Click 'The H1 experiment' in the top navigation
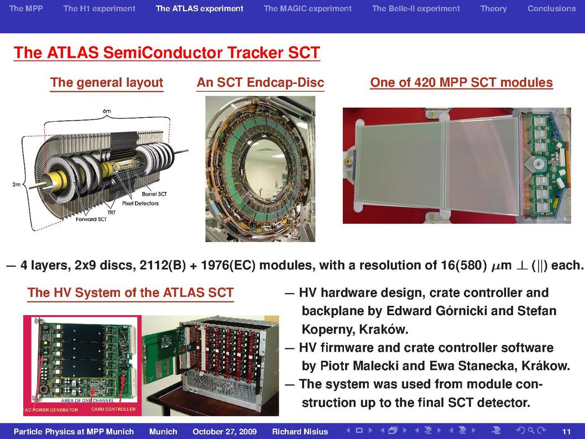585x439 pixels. click(x=99, y=8)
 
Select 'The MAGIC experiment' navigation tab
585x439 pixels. click(x=307, y=8)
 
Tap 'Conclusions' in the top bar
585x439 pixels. click(x=551, y=8)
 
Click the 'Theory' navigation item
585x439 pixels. click(x=493, y=9)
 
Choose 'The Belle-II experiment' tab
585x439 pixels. click(x=416, y=8)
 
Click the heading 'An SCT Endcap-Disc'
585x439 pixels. click(x=260, y=82)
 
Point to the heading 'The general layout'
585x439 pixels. click(x=107, y=82)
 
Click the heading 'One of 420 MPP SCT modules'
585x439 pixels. click(x=461, y=82)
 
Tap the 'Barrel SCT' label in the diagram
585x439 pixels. click(x=154, y=194)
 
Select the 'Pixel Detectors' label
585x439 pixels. click(x=140, y=203)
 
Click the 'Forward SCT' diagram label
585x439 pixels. click(x=91, y=219)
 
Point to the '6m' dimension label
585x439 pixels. click(x=107, y=111)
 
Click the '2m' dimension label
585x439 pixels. click(x=17, y=184)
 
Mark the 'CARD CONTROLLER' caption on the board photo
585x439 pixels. click(x=113, y=409)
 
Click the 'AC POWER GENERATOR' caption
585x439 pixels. click(x=51, y=410)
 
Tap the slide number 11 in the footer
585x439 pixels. click(x=566, y=432)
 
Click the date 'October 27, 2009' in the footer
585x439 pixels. click(x=224, y=432)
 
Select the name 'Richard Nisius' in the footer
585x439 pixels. click(x=300, y=432)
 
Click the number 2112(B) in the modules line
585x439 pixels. click(x=163, y=265)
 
